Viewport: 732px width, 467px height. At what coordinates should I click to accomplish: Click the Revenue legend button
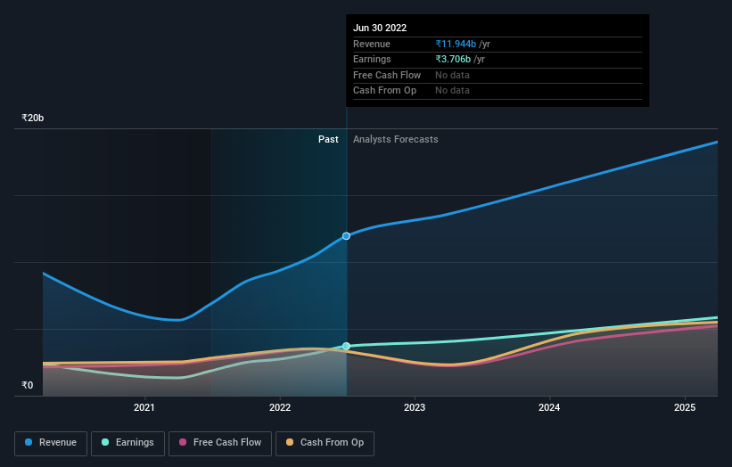click(x=51, y=442)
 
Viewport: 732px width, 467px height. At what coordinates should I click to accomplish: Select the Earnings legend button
click(x=127, y=442)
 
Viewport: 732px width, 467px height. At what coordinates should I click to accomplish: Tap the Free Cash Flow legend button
click(x=219, y=442)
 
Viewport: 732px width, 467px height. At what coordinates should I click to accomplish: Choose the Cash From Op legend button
click(x=325, y=442)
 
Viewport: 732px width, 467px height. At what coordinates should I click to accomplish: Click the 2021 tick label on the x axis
click(x=144, y=408)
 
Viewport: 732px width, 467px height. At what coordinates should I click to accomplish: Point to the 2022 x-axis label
click(x=280, y=408)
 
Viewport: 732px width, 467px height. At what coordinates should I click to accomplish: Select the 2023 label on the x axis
click(x=415, y=408)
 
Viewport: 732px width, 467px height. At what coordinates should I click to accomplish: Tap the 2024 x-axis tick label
click(x=550, y=408)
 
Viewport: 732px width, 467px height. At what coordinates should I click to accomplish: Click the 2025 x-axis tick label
click(x=685, y=408)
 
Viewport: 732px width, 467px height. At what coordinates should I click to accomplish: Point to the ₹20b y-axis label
click(x=33, y=118)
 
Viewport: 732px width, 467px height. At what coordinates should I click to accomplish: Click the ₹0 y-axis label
click(x=28, y=385)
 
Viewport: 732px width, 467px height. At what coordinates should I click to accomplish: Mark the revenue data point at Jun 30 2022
click(x=347, y=236)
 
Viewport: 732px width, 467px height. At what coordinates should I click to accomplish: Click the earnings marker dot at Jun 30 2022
click(x=347, y=346)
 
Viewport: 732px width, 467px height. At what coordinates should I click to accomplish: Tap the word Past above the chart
click(x=328, y=139)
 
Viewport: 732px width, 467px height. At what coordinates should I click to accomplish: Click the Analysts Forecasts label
click(x=395, y=139)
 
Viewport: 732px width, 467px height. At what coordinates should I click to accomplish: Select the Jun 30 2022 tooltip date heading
click(x=380, y=28)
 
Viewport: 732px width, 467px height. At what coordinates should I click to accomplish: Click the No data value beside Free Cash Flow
click(x=452, y=75)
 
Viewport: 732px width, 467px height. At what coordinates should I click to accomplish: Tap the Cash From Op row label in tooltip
click(x=384, y=91)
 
